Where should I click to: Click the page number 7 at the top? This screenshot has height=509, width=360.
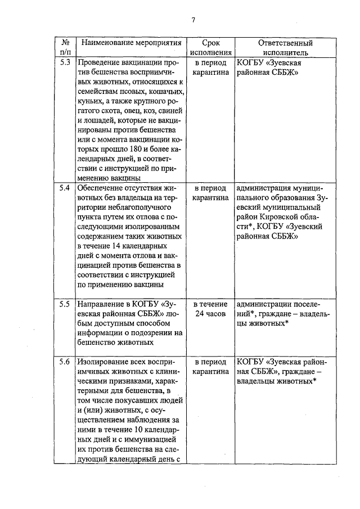(192, 20)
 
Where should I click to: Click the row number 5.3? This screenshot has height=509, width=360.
(65, 62)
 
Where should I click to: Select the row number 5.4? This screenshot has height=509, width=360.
(65, 187)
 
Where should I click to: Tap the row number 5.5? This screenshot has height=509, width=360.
(65, 304)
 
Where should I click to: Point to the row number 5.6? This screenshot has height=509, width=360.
(65, 362)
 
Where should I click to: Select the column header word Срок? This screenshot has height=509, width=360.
(210, 43)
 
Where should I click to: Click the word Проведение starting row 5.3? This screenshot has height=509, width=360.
(99, 62)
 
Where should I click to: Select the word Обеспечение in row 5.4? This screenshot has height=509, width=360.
(102, 187)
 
